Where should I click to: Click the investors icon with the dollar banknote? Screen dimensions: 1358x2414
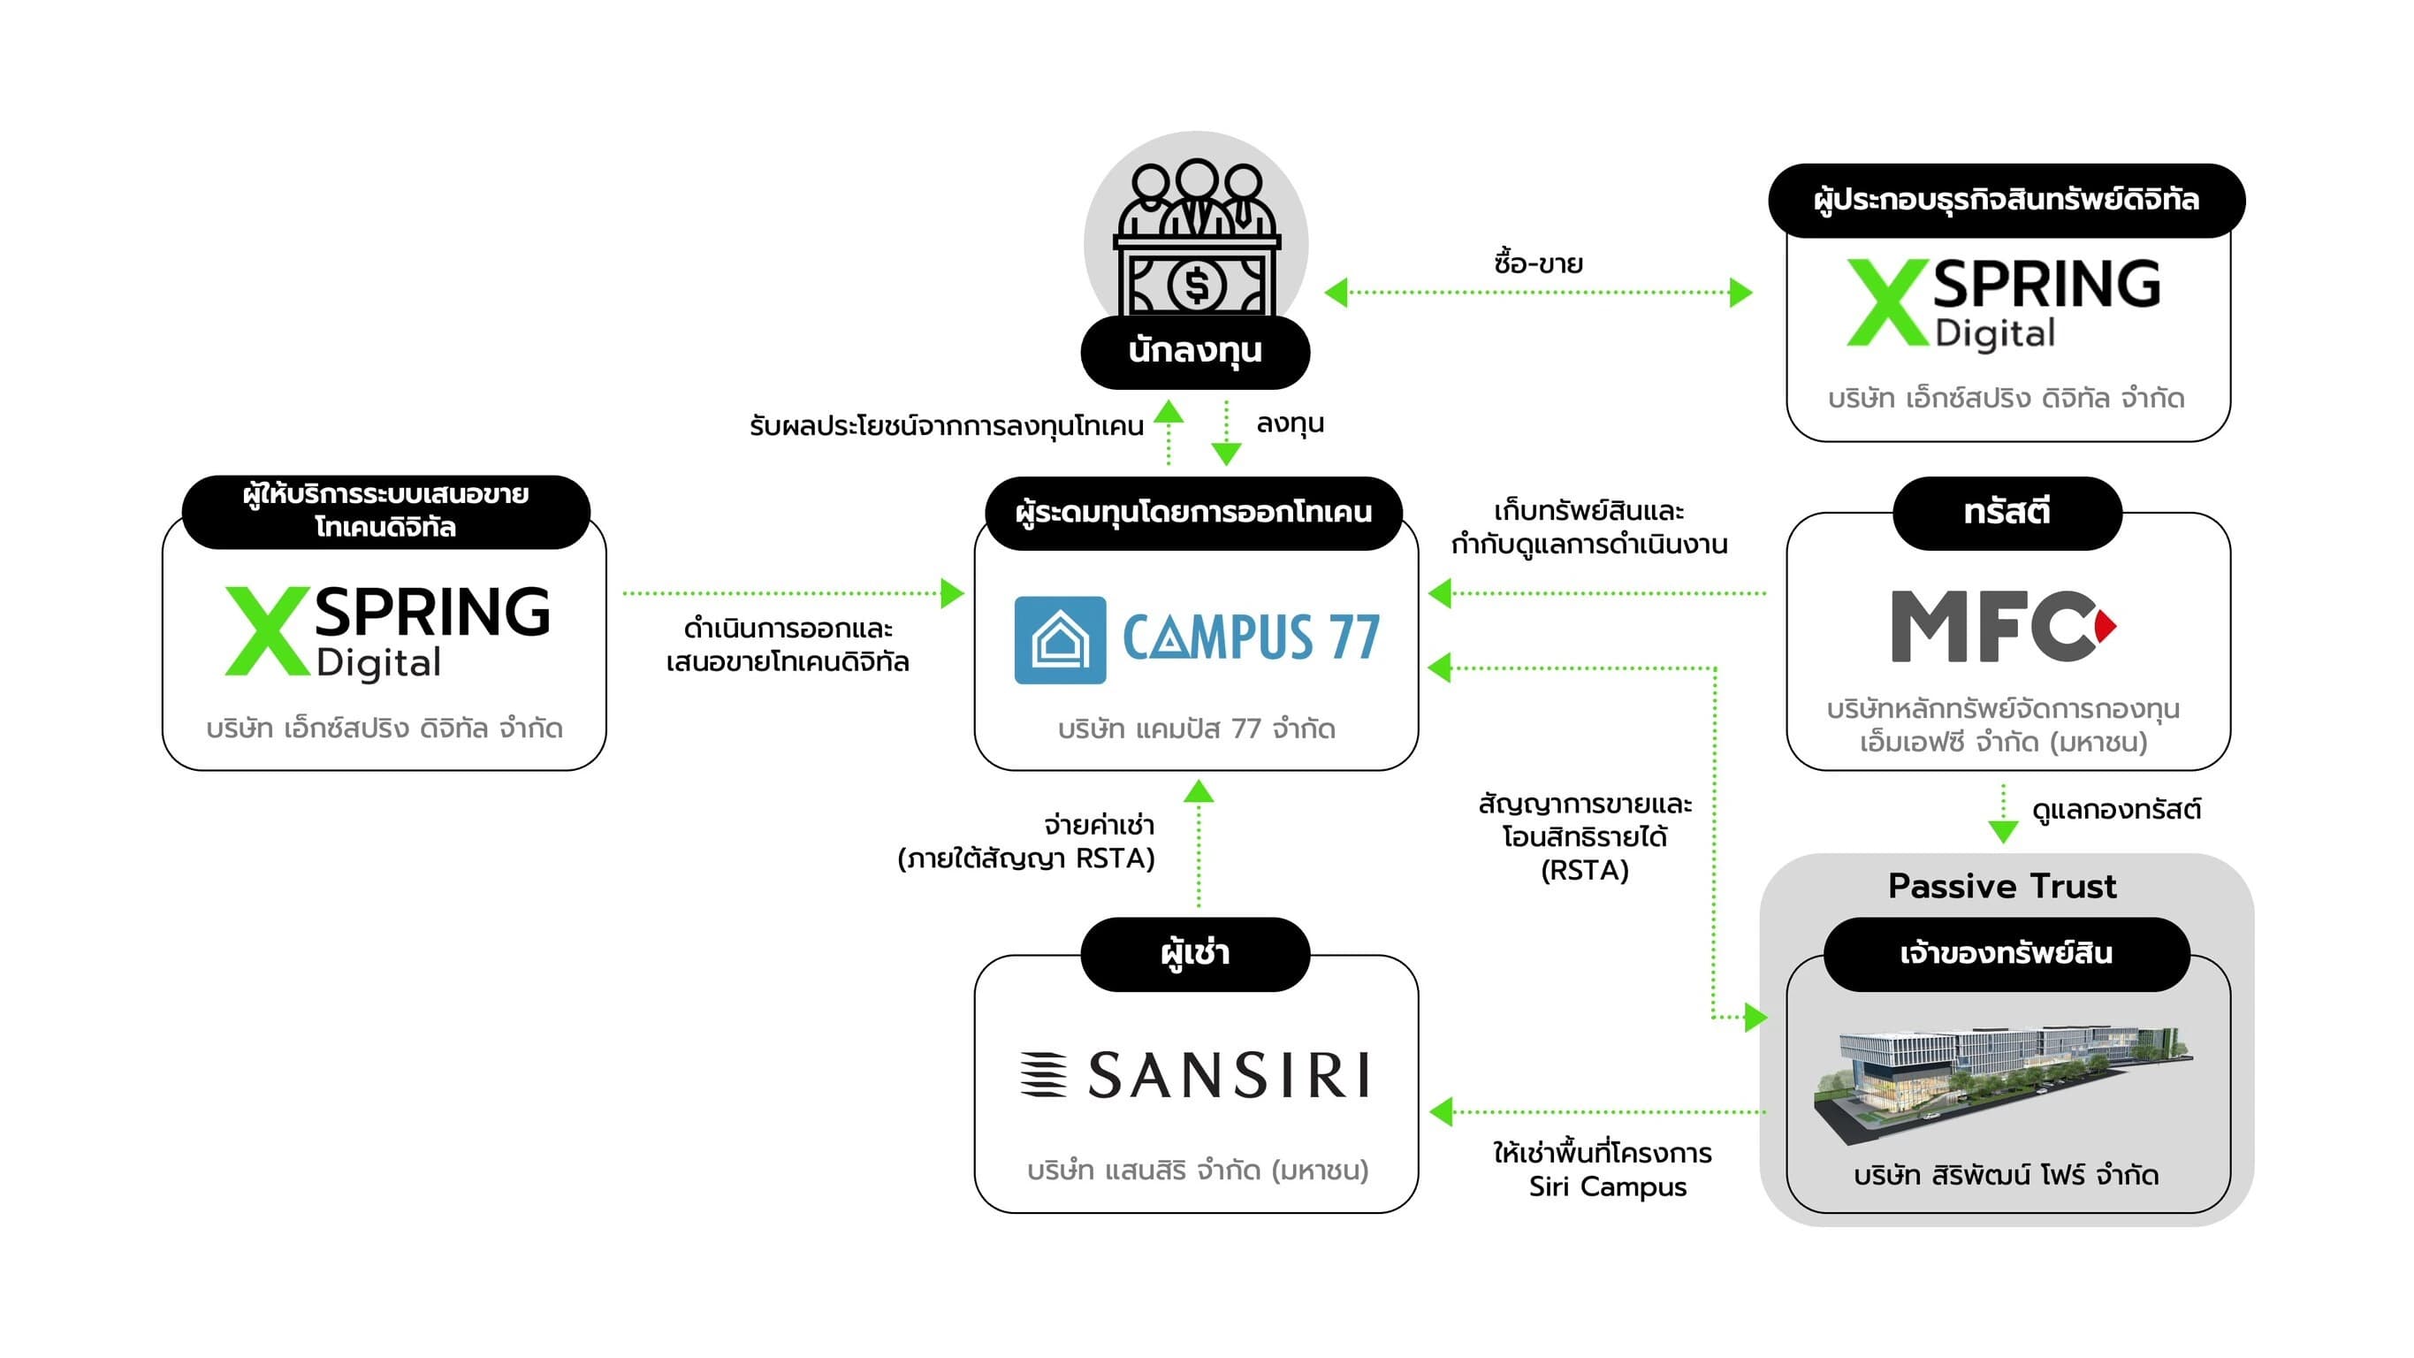pyautogui.click(x=1196, y=239)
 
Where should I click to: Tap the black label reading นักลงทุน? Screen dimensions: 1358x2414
pyautogui.click(x=1195, y=352)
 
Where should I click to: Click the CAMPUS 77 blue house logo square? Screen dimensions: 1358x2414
pyautogui.click(x=1060, y=640)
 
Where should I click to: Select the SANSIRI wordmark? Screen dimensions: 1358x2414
pyautogui.click(x=1228, y=1074)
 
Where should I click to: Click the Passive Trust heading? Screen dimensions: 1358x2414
pyautogui.click(x=2002, y=886)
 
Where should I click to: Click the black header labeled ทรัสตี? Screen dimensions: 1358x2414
pyautogui.click(x=2007, y=513)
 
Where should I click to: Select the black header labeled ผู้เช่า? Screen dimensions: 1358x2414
pyautogui.click(x=1195, y=954)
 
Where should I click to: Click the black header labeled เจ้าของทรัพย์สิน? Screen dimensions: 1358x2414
pyautogui.click(x=2006, y=954)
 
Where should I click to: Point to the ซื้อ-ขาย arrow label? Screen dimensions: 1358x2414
pyautogui.click(x=1538, y=263)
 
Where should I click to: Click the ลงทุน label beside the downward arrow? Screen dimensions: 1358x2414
pyautogui.click(x=1290, y=423)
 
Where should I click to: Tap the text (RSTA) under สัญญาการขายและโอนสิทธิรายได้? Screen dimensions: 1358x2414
pyautogui.click(x=1585, y=871)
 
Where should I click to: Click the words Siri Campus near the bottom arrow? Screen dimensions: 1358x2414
pyautogui.click(x=1607, y=1186)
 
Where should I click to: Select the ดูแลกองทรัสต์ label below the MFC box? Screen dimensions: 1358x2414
pyautogui.click(x=2115, y=810)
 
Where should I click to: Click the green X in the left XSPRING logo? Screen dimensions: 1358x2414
pyautogui.click(x=266, y=630)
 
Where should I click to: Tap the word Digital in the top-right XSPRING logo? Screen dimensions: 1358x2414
pyautogui.click(x=1995, y=333)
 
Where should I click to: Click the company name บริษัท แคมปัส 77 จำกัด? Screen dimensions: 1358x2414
pyautogui.click(x=1196, y=729)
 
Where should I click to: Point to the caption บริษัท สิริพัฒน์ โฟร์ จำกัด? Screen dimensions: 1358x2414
pyautogui.click(x=2006, y=1175)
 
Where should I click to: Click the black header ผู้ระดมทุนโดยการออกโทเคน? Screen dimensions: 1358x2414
pyautogui.click(x=1193, y=513)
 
